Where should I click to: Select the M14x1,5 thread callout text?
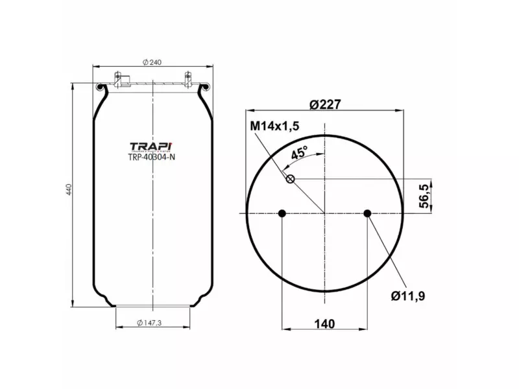click(274, 126)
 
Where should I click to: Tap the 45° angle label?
click(299, 154)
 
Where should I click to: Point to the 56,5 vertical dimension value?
click(424, 196)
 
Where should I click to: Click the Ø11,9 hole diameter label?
click(408, 296)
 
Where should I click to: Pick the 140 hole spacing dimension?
click(324, 324)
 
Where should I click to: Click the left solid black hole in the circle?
click(282, 213)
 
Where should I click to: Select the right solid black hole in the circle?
click(367, 213)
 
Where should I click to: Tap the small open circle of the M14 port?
click(291, 180)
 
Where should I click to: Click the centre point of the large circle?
click(324, 213)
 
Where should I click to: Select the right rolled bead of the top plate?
click(207, 87)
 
